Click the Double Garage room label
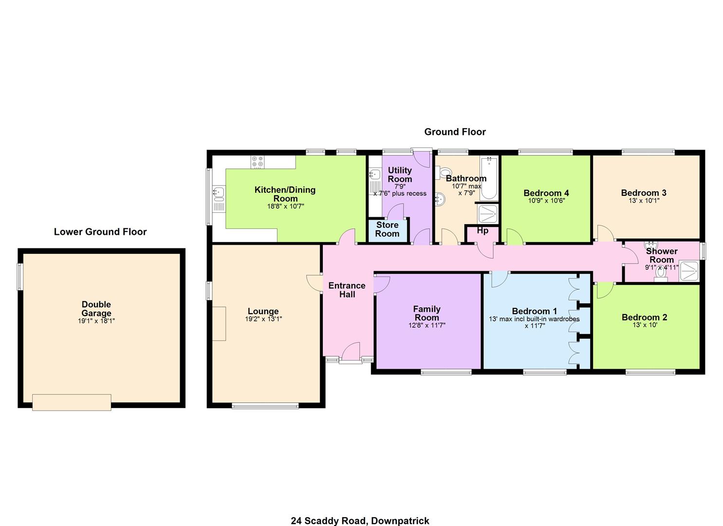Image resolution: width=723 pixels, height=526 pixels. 96,309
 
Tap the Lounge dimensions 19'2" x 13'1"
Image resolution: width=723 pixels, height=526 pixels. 263,319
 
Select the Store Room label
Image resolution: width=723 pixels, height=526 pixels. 388,229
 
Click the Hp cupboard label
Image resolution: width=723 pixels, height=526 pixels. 482,230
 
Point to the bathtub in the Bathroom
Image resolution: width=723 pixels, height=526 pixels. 489,178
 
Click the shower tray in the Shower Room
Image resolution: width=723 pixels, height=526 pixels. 689,271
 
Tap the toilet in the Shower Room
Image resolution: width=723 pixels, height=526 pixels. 661,274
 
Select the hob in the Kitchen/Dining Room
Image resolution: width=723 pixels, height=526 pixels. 258,162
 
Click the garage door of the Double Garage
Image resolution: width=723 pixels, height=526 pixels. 72,402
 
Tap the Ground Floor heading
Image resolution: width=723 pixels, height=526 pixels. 455,131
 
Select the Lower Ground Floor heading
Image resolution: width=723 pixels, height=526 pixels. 100,232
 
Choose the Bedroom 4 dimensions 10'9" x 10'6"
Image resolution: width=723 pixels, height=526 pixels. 546,201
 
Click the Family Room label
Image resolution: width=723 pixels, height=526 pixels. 426,313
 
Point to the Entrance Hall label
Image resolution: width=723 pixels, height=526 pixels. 347,290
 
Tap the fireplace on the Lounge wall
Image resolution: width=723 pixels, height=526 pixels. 219,323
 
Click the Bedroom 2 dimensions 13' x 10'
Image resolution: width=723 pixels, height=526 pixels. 645,325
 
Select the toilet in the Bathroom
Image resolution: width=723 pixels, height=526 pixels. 444,172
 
